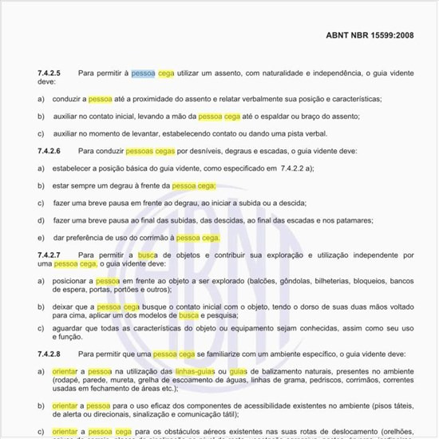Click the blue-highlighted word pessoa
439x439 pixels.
[144, 73]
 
